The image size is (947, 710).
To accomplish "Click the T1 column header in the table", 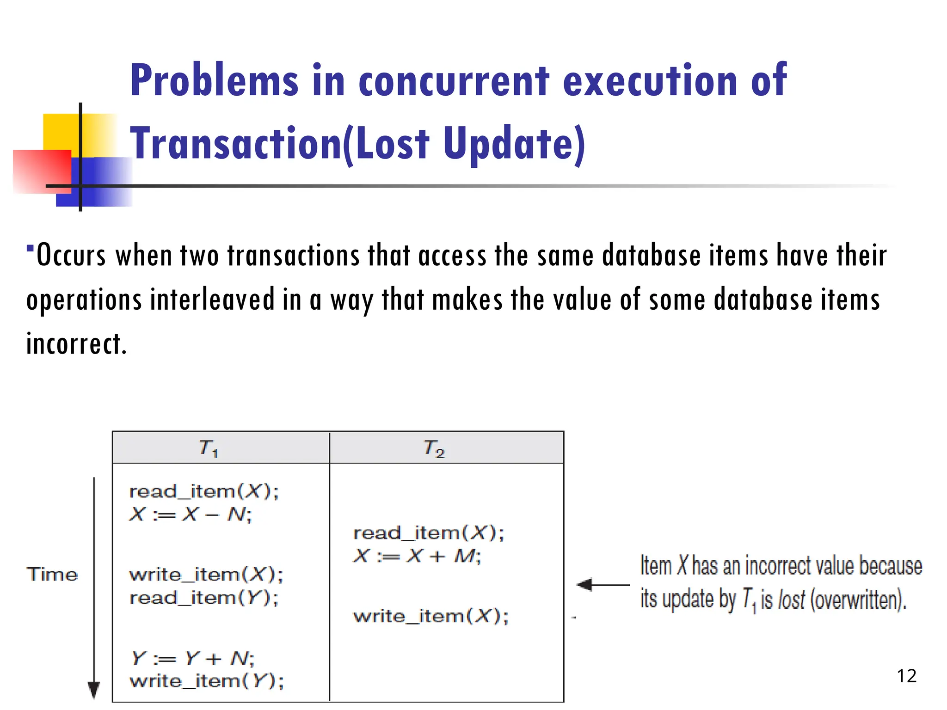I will (209, 448).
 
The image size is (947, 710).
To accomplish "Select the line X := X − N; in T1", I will (190, 514).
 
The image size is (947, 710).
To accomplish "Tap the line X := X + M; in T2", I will (417, 556).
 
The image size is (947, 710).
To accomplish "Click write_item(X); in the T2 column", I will (430, 616).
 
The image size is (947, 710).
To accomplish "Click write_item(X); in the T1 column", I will (206, 575).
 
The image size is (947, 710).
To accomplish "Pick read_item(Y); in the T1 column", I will (204, 598).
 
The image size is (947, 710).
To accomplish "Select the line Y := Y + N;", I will (192, 658).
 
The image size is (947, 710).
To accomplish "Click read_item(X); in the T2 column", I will (428, 533).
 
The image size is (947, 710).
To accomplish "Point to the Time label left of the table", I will (52, 575).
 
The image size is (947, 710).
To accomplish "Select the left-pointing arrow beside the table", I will (603, 585).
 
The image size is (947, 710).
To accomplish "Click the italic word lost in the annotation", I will (791, 600).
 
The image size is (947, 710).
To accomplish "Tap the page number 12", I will (906, 676).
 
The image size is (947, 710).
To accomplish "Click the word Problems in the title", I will (214, 81).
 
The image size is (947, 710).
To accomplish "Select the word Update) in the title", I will (514, 144).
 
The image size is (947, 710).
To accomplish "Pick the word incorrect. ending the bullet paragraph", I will (76, 344).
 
